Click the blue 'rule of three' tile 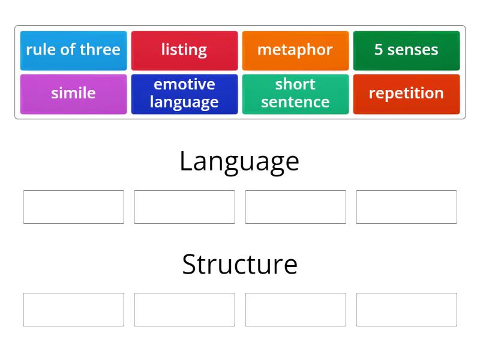click(x=73, y=50)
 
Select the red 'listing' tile click(x=184, y=50)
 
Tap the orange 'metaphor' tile click(x=295, y=50)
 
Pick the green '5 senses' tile click(x=406, y=50)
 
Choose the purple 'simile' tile click(x=73, y=94)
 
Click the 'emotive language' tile click(x=184, y=94)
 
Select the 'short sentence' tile click(x=295, y=94)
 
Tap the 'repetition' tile click(x=406, y=94)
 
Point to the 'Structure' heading click(x=239, y=265)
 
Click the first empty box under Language click(x=73, y=207)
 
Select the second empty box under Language click(x=184, y=207)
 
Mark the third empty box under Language click(x=295, y=207)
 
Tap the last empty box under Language click(x=406, y=207)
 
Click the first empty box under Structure click(x=73, y=310)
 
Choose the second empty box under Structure click(x=184, y=310)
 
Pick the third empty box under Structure click(x=295, y=310)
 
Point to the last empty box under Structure click(x=406, y=310)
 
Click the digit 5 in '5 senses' click(x=379, y=50)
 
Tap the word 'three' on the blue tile click(x=100, y=50)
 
